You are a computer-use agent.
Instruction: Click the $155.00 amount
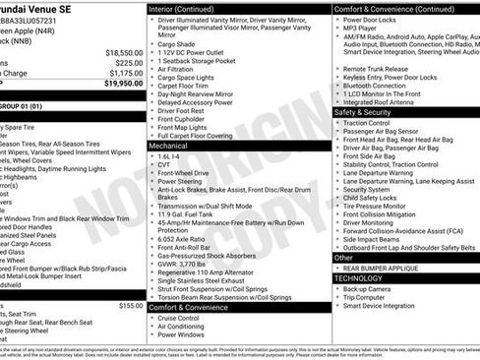pyautogui.click(x=131, y=306)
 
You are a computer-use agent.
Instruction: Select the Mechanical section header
pyautogui.click(x=168, y=145)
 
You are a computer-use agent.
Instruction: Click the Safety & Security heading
pyautogui.click(x=363, y=112)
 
